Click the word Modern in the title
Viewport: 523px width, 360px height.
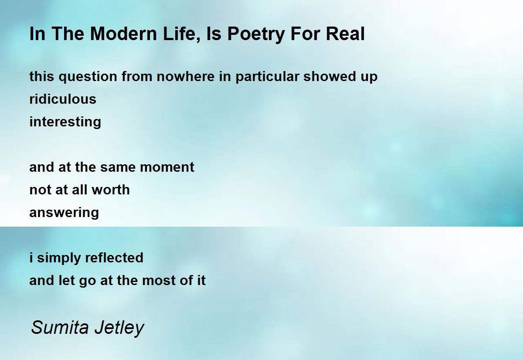point(123,34)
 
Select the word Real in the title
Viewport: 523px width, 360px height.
point(345,34)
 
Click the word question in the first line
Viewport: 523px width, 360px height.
point(88,77)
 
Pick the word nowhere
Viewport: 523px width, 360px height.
point(186,77)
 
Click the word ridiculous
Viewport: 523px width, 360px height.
point(63,99)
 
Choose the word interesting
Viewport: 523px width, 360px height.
point(65,122)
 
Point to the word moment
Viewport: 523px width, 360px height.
point(167,167)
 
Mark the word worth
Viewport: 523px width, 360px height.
point(111,190)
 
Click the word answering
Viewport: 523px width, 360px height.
point(64,213)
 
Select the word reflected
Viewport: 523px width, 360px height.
point(114,258)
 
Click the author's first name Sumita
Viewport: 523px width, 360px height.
point(60,327)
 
